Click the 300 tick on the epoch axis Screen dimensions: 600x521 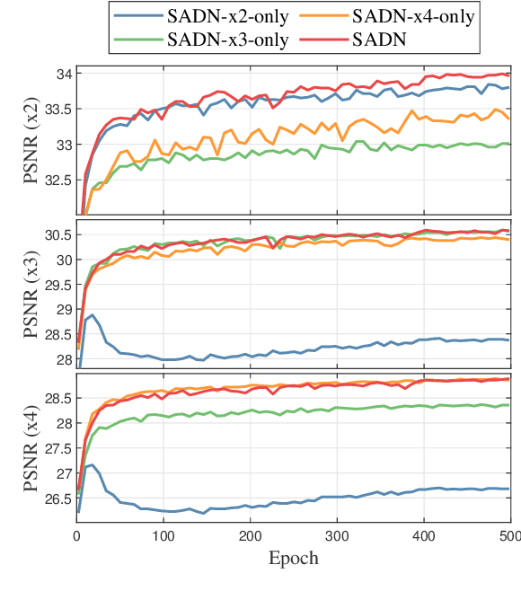pos(337,537)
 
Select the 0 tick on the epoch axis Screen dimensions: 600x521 pos(77,537)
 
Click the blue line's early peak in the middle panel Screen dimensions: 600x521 pos(93,315)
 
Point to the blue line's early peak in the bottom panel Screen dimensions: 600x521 pos(93,465)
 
